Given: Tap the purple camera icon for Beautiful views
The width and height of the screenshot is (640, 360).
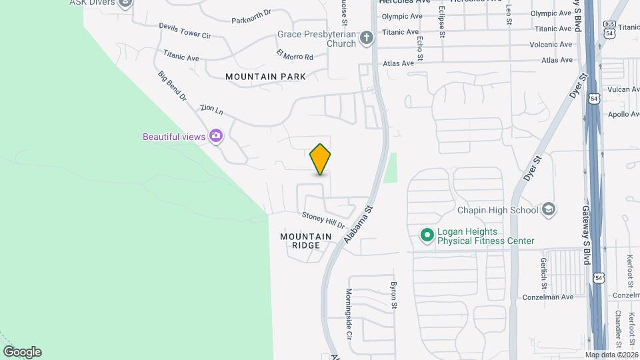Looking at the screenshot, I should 215,136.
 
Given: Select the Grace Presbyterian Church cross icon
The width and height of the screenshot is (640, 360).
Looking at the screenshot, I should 366,38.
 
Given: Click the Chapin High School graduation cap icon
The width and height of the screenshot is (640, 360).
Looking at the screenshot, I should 548,210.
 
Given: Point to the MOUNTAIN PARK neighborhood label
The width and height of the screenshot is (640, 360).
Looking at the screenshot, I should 265,77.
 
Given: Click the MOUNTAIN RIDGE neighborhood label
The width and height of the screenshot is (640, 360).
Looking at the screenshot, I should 305,241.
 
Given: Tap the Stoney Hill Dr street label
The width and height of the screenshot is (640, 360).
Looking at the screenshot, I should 323,220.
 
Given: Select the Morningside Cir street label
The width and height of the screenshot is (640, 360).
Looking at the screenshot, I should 348,310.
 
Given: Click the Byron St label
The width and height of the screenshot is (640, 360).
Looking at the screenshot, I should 393,296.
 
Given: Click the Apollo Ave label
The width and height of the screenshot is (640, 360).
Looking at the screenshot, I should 623,114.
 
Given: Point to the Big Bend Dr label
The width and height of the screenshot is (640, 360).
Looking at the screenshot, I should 172,87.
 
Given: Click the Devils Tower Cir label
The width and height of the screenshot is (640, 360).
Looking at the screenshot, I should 185,30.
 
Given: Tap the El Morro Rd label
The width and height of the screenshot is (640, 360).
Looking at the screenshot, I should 294,55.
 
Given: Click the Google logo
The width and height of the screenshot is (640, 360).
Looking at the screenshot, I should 22,352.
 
